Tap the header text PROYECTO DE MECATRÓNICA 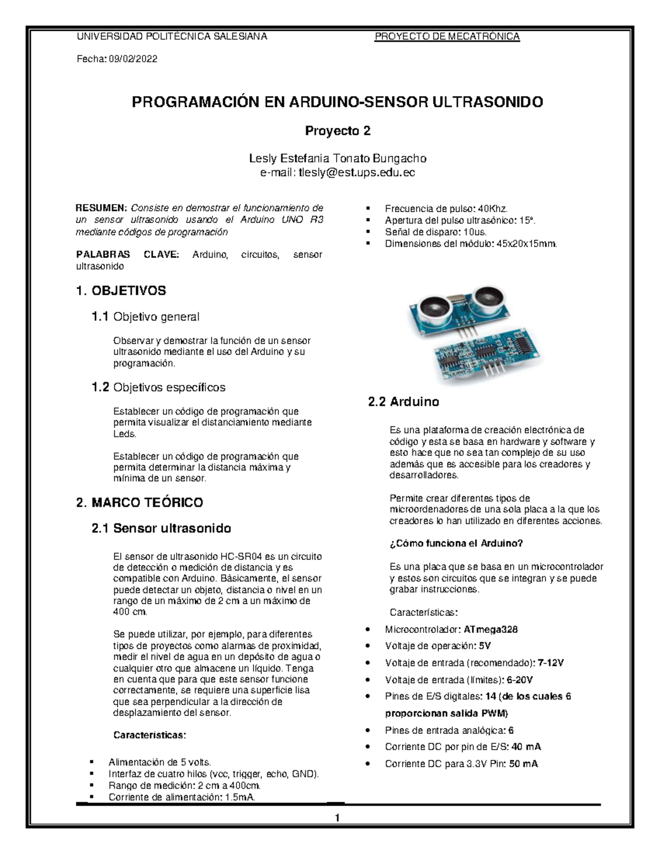pyautogui.click(x=447, y=37)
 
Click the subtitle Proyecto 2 pyautogui.click(x=338, y=131)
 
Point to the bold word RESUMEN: pyautogui.click(x=101, y=208)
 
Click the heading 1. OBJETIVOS pyautogui.click(x=121, y=290)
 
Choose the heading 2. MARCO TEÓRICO pyautogui.click(x=140, y=502)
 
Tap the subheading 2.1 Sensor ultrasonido pyautogui.click(x=161, y=528)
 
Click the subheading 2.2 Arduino pyautogui.click(x=403, y=402)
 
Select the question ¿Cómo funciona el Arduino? pyautogui.click(x=456, y=543)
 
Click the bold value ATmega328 pyautogui.click(x=491, y=629)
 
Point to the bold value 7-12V pyautogui.click(x=551, y=663)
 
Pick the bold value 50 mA pyautogui.click(x=523, y=764)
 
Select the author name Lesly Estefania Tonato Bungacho pyautogui.click(x=338, y=159)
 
